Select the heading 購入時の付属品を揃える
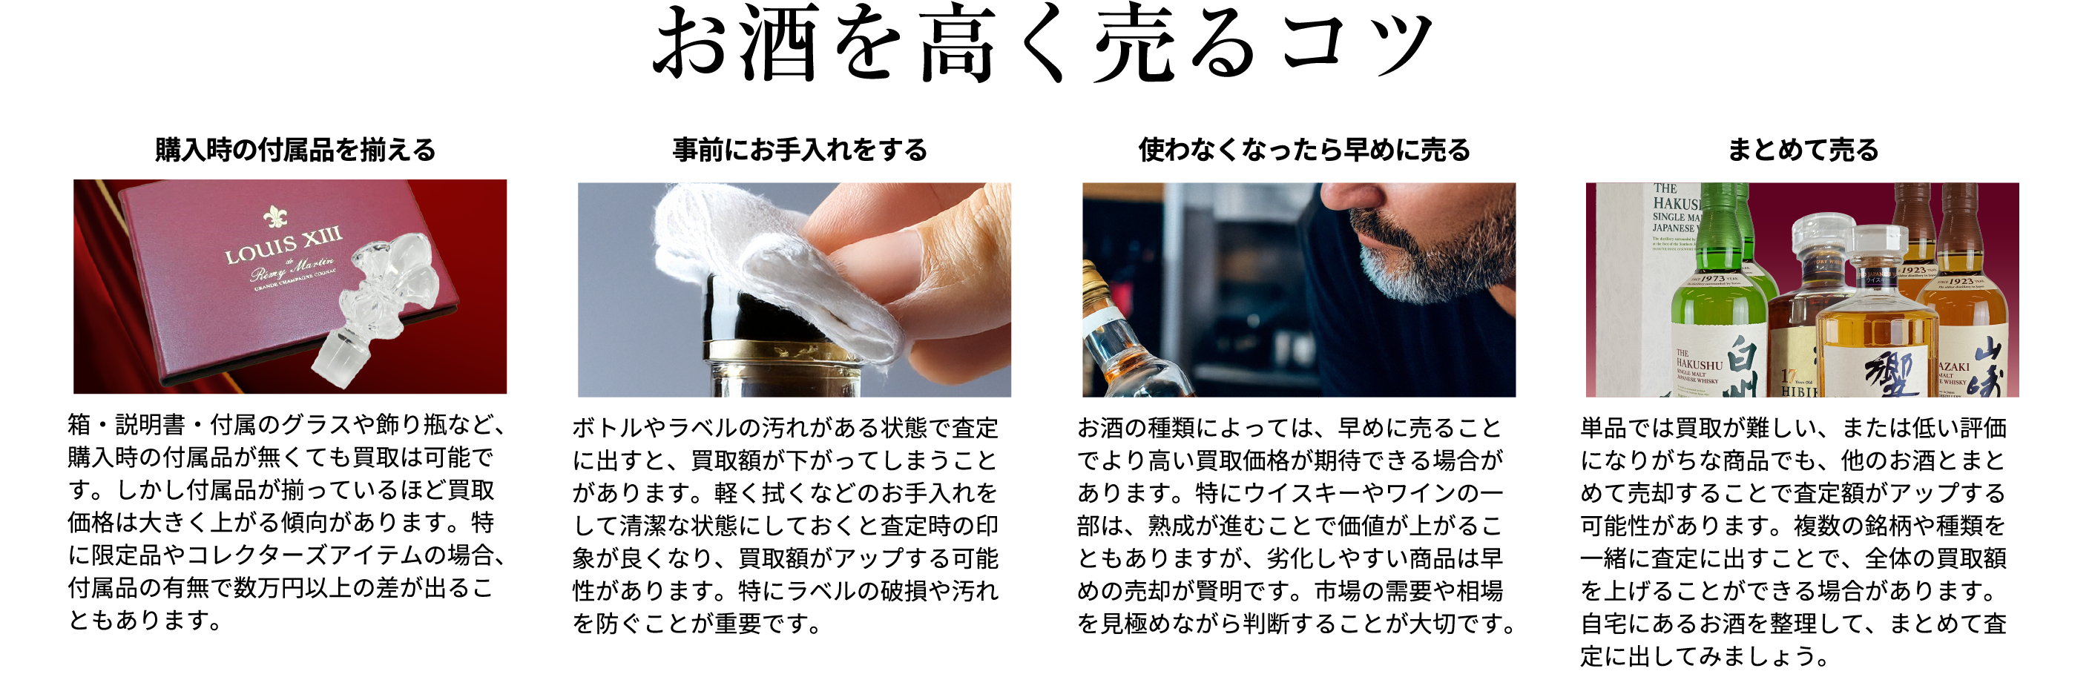pos(295,150)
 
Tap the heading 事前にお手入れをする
pos(800,150)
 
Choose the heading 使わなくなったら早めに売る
pos(1304,150)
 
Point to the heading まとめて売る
pos(1803,150)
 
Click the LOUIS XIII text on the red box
pos(283,246)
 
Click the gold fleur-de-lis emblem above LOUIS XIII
pos(275,217)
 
